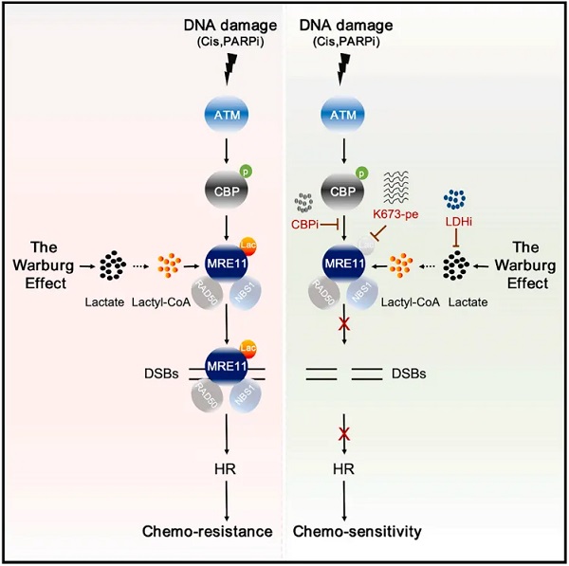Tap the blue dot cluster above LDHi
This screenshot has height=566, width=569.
(457, 199)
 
